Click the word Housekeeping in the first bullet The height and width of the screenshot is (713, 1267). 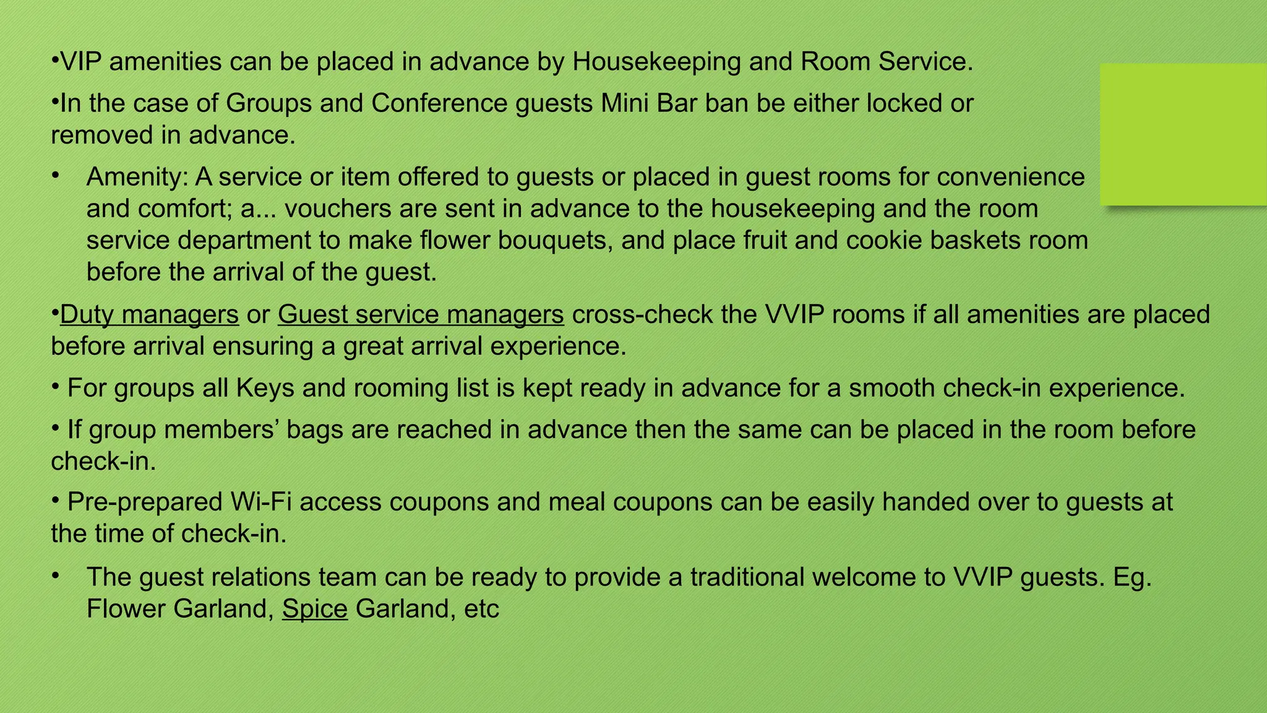(656, 62)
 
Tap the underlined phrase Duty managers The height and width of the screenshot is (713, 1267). (149, 314)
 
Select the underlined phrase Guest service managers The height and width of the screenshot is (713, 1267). (421, 314)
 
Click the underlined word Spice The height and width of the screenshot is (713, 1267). (315, 609)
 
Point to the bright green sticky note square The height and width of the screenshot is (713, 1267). (1183, 134)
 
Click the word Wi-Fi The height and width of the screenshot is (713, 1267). (262, 502)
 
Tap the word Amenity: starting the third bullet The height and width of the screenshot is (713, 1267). (137, 177)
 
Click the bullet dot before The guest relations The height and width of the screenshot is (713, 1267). (55, 575)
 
